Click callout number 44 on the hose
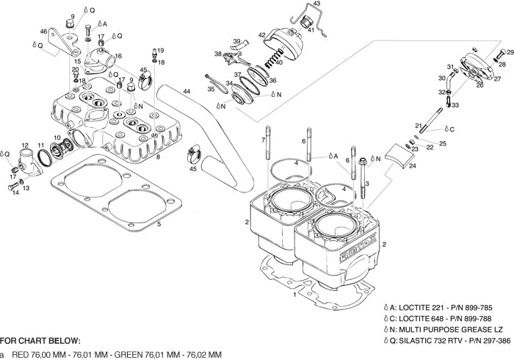coord(187,92)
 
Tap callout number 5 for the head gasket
coord(159,223)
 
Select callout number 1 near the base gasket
coord(294,295)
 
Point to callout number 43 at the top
coord(316,4)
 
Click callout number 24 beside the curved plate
coord(413,166)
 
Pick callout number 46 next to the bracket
coord(43,31)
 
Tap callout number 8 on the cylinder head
coord(159,156)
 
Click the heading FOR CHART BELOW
coord(40,341)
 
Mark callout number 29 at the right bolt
coord(511,52)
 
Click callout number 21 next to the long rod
coord(417,126)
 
